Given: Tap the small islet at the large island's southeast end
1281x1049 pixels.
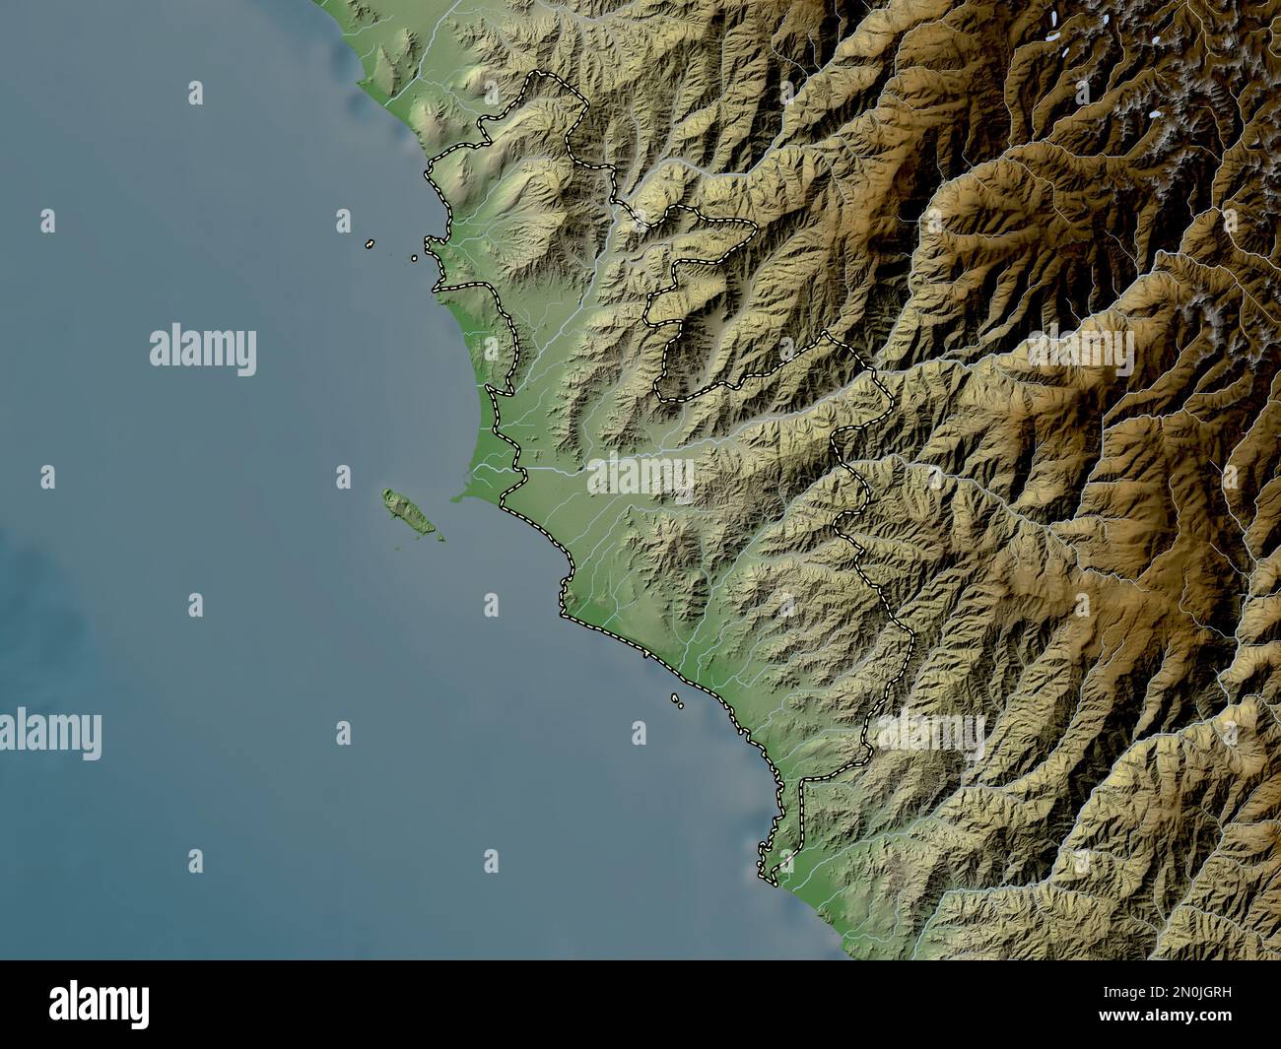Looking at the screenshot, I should click(x=438, y=538).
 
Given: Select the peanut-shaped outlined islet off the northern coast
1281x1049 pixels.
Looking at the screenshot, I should click(x=370, y=243).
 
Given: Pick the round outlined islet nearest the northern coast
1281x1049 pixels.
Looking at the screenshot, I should click(x=415, y=258).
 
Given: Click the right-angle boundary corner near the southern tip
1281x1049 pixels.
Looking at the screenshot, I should click(x=803, y=778).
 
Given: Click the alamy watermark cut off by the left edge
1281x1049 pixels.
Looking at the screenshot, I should click(x=49, y=734).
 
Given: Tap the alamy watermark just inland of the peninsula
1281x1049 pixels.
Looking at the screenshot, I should click(x=640, y=478).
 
